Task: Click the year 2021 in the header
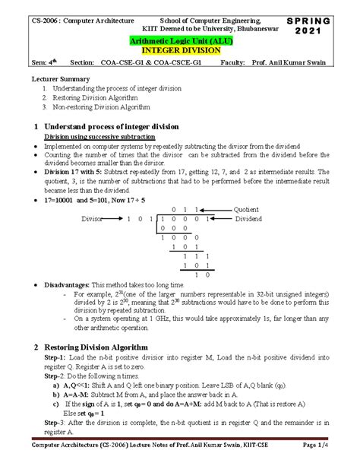coord(330,29)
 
